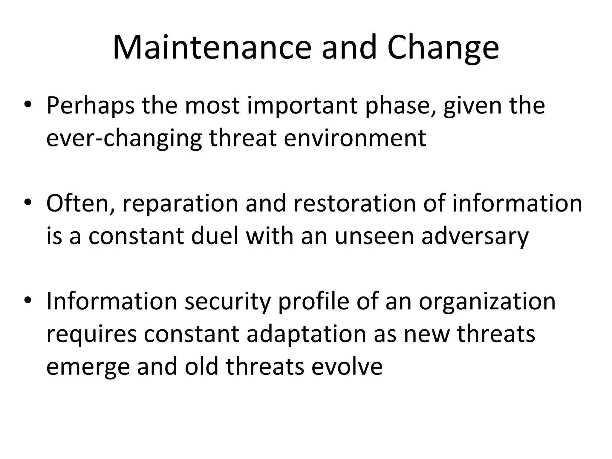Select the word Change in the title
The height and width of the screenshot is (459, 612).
pos(443,48)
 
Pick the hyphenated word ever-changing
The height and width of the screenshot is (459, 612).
pos(124,138)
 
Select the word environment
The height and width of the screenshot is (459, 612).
pos(355,138)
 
